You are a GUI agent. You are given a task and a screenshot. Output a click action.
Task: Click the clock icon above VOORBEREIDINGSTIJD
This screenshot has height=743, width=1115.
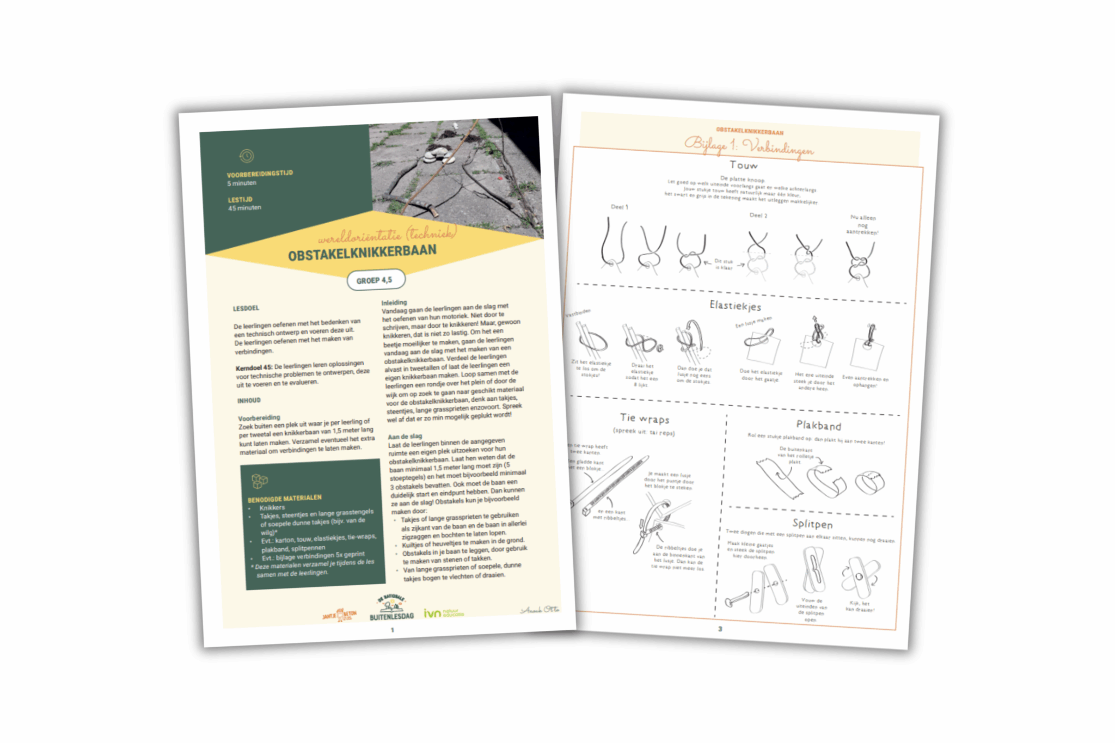click(247, 156)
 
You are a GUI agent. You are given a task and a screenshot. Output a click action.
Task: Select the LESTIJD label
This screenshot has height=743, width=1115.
click(240, 200)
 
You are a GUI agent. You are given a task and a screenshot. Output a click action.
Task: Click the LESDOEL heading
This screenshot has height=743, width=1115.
click(246, 308)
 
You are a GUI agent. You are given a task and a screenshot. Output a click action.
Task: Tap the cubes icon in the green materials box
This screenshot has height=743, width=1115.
click(259, 481)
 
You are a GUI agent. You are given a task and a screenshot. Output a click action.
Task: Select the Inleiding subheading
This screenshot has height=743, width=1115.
click(394, 303)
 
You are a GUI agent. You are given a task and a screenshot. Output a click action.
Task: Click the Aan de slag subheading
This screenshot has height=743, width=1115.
click(405, 437)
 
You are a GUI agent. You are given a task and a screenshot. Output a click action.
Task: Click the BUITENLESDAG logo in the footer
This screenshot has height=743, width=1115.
click(391, 609)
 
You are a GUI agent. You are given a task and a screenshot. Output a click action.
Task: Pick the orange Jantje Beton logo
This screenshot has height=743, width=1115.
click(339, 615)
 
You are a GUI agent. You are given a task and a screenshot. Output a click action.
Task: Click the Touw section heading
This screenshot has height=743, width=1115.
click(743, 165)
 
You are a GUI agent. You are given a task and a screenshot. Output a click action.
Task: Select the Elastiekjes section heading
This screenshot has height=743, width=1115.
click(735, 305)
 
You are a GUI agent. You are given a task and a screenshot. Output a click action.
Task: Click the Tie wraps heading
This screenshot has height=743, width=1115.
click(645, 418)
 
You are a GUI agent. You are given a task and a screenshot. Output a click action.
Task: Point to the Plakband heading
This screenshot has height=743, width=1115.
click(818, 425)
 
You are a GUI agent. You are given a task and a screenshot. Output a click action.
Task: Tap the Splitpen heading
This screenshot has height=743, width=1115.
click(812, 524)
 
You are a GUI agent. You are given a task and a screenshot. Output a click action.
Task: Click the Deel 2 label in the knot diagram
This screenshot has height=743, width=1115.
click(758, 216)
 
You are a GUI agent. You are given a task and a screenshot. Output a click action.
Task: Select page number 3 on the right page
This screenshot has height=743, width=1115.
click(720, 629)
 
